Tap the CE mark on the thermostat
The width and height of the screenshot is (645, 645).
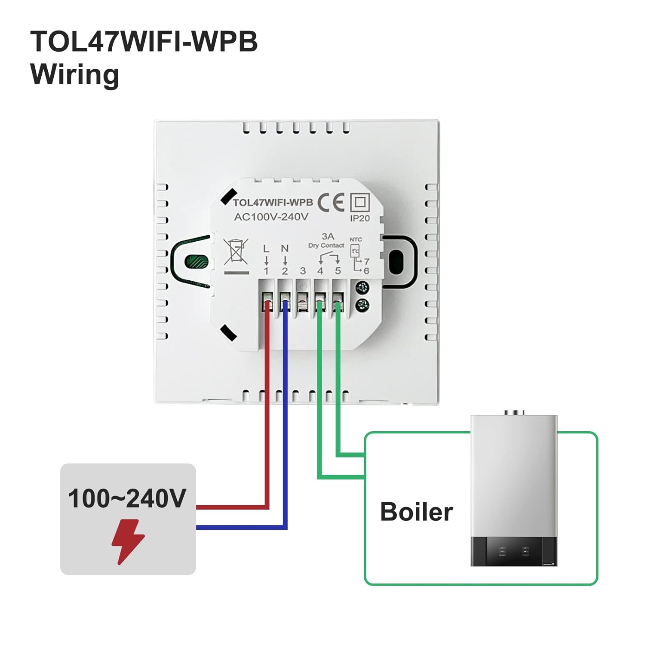pos(331,202)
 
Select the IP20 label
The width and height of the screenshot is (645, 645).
pos(360,218)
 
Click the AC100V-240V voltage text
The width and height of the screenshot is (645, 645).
pos(271,217)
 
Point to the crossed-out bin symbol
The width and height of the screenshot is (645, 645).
pos(236,252)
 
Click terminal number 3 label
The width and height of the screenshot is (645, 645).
pos(303,271)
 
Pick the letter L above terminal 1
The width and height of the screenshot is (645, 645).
pos(266,249)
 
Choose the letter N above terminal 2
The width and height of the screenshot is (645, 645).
pos(285,249)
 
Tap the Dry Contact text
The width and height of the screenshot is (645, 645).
pos(326,246)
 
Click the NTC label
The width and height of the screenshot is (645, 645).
pos(356,240)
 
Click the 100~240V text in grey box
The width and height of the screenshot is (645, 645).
pos(127,499)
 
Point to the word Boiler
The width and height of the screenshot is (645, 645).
pos(416,512)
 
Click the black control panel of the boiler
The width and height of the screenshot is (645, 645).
pos(514,551)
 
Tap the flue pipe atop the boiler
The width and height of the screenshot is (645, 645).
pos(514,413)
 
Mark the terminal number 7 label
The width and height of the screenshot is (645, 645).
pos(366,261)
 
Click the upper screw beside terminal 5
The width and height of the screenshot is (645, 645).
pos(363,287)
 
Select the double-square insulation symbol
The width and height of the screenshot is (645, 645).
pos(360,202)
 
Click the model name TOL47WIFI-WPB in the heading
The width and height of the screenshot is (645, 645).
pos(144,42)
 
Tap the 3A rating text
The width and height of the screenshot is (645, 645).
pos(328,236)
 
